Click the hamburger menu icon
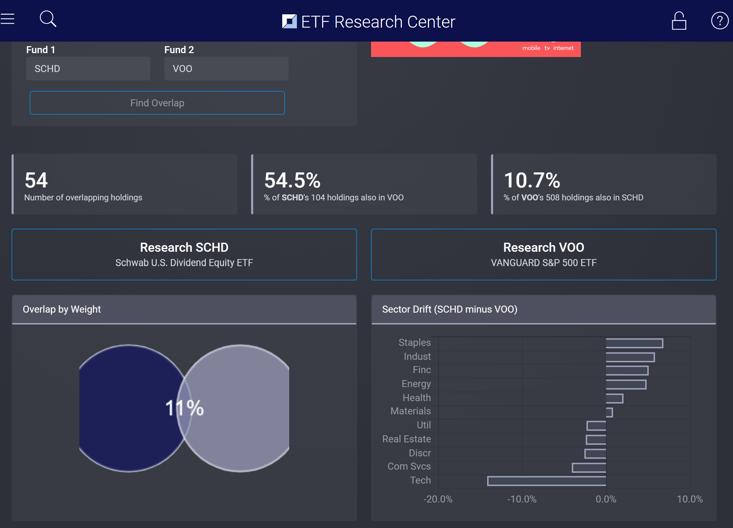[x=7, y=19]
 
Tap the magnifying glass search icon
[x=48, y=19]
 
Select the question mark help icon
[x=720, y=21]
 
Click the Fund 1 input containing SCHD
[x=88, y=69]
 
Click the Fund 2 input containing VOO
[x=226, y=69]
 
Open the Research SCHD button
[x=184, y=255]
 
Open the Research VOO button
[x=543, y=255]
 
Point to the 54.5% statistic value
[x=292, y=180]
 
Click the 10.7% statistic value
[x=532, y=180]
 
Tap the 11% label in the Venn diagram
[x=184, y=408]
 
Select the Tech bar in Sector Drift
[x=547, y=481]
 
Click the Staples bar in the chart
[x=634, y=343]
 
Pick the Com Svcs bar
[x=589, y=468]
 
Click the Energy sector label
[x=416, y=384]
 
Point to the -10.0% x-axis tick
[x=522, y=499]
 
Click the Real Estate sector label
[x=406, y=439]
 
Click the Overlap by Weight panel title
[x=62, y=309]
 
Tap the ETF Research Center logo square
[x=289, y=21]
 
